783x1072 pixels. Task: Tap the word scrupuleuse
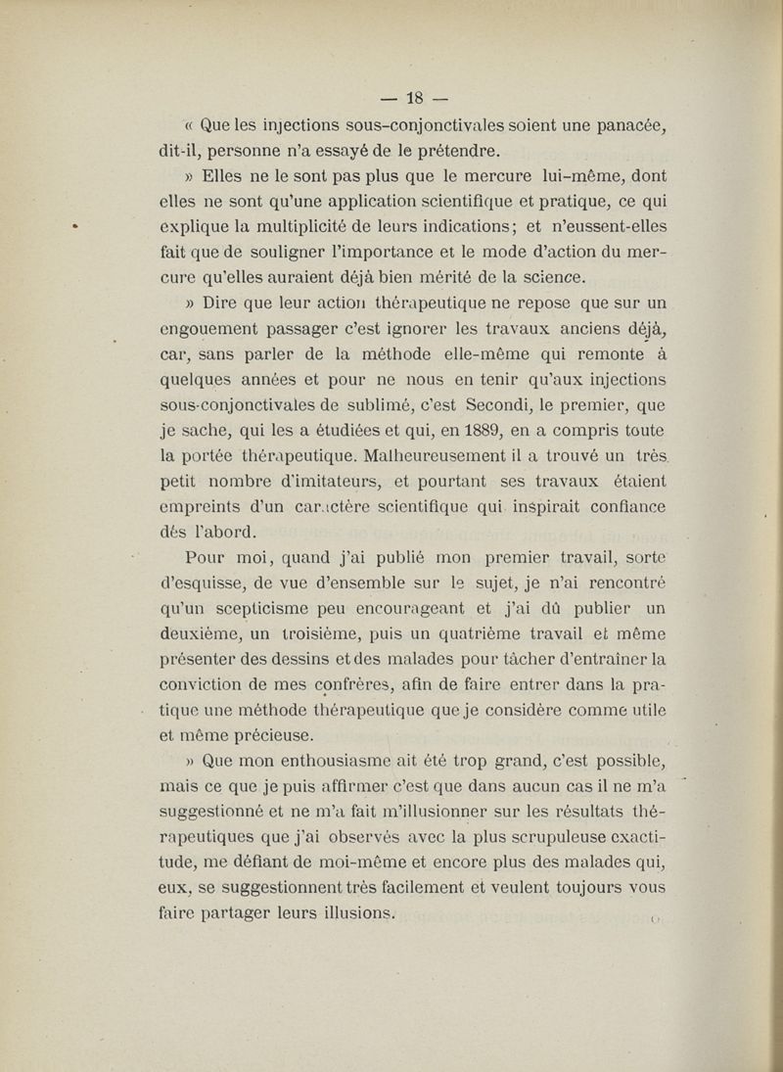pos(556,838)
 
